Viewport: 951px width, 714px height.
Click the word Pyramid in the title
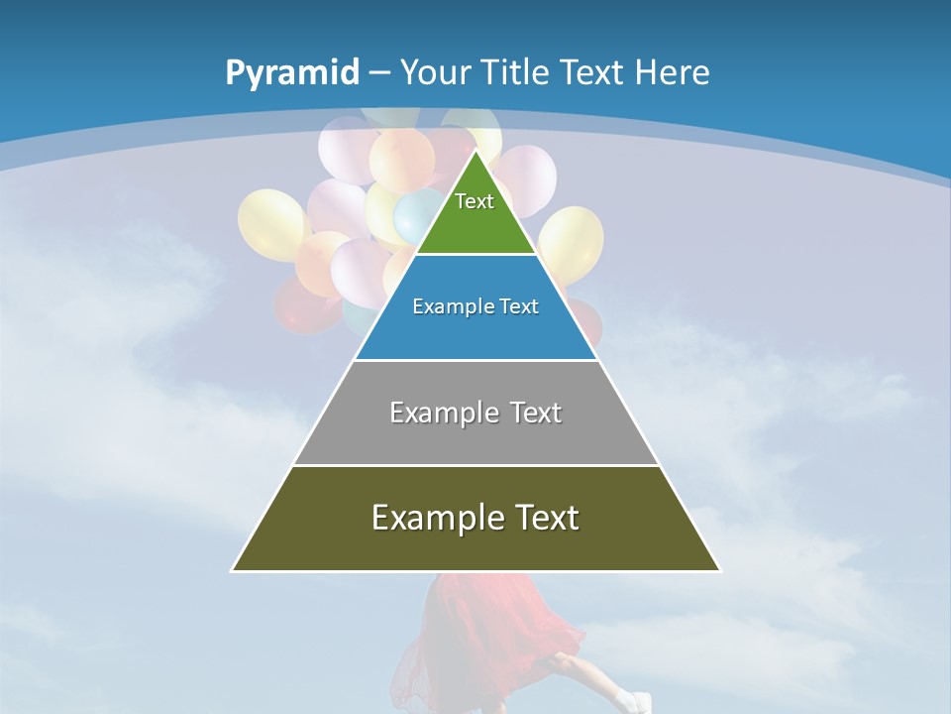(x=291, y=73)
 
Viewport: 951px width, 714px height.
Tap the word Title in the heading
(x=518, y=72)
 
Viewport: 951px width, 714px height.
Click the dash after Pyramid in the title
(x=379, y=73)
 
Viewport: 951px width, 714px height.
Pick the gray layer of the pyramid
(x=475, y=436)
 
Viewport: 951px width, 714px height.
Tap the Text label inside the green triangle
(x=475, y=201)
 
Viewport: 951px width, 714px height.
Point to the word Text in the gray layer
(x=536, y=413)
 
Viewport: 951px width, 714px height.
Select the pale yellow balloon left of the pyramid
(x=270, y=222)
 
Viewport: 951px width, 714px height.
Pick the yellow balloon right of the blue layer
(x=572, y=243)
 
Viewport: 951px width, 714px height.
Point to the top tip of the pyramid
(x=475, y=151)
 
